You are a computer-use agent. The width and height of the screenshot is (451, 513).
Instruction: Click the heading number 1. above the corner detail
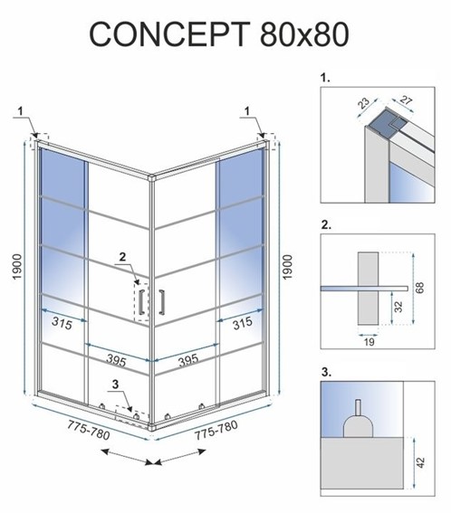coord(327,80)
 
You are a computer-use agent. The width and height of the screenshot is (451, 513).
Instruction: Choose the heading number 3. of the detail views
coord(327,371)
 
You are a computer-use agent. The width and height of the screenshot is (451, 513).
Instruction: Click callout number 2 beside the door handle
coord(123,257)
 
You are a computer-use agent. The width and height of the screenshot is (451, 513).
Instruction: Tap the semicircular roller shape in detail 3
coord(358,424)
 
